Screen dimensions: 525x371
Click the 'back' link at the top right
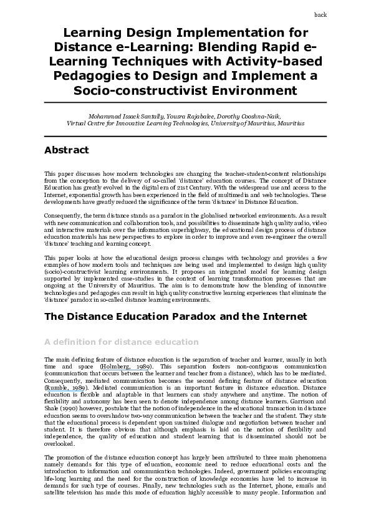tap(320, 14)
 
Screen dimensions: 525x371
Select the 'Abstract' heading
tap(67, 150)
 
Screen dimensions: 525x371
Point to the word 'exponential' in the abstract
tap(82, 195)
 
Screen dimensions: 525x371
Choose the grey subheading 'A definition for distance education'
tap(122, 342)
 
